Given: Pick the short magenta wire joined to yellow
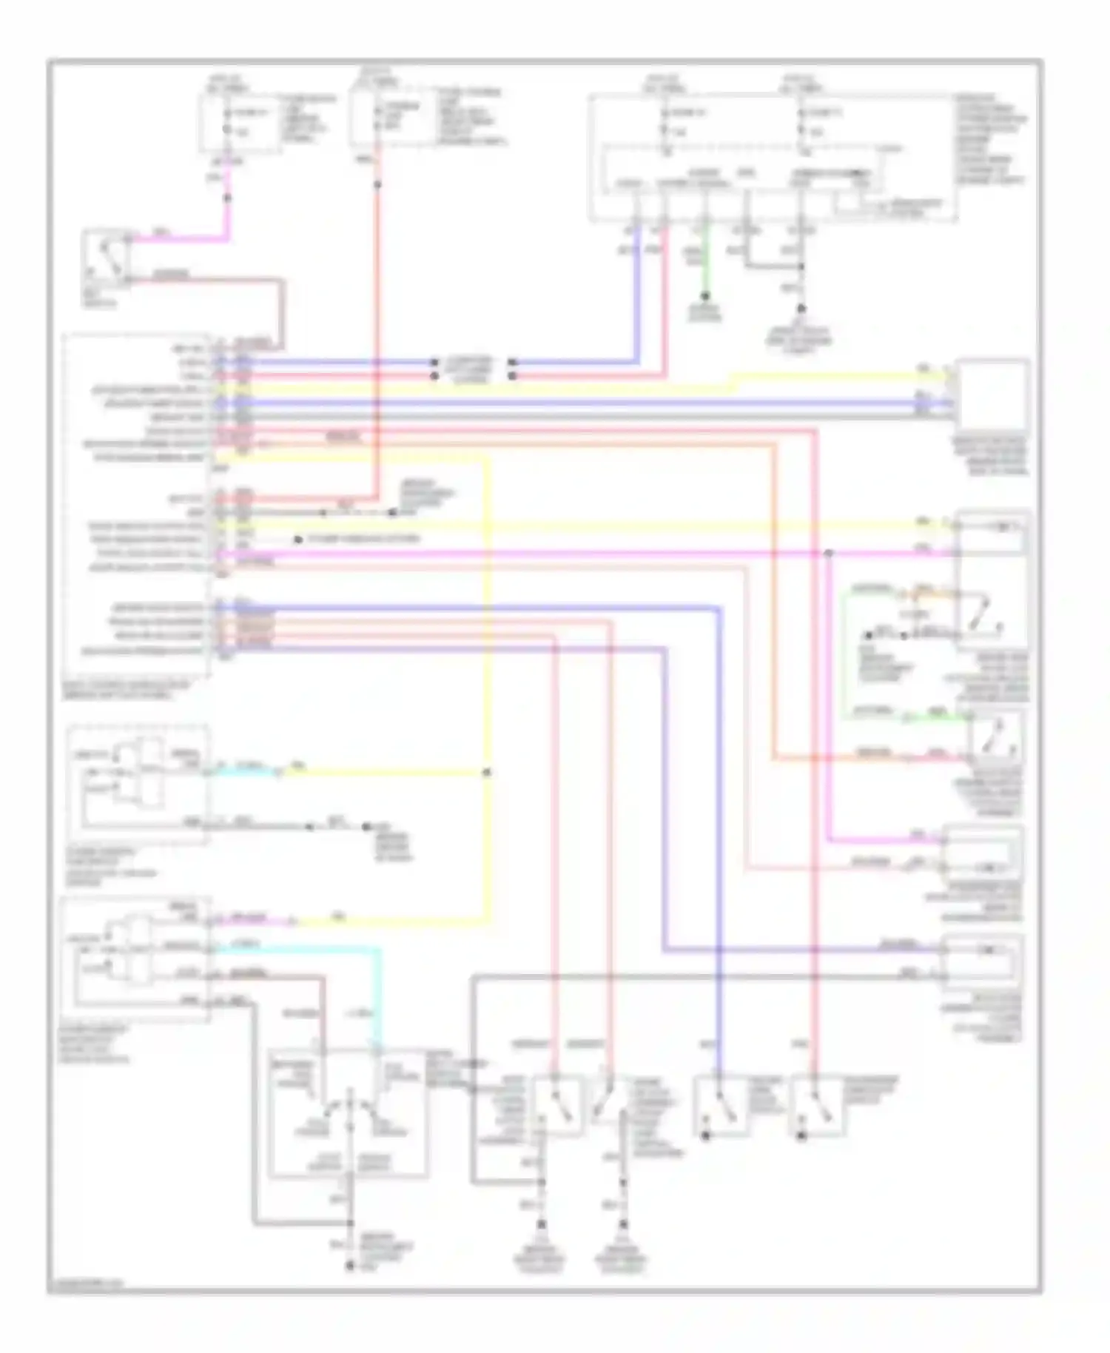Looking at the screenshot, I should coord(252,921).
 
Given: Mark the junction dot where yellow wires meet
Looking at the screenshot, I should coord(487,773).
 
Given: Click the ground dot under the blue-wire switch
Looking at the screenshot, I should coord(705,1135).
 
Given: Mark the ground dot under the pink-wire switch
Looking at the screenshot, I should coord(801,1135).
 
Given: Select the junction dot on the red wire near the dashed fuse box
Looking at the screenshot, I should coord(377,184).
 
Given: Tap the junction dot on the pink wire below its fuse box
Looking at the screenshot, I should coord(228,198).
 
